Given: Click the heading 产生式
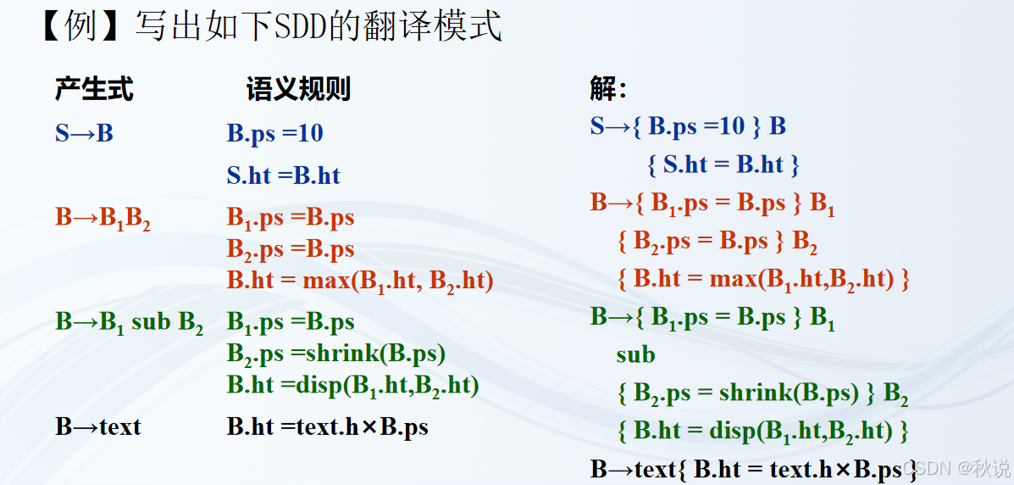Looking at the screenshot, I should tap(94, 88).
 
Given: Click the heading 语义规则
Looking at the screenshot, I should tap(298, 88).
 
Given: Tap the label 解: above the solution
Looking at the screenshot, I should tap(607, 88).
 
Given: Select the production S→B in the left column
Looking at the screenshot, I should tap(84, 133).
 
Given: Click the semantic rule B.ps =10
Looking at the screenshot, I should tap(274, 133).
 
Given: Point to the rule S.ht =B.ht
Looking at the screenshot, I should tap(283, 176).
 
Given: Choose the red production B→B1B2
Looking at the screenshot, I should tap(103, 219).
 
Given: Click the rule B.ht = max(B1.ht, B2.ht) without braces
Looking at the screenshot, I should tap(360, 281).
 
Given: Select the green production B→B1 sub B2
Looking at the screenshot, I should tap(129, 323).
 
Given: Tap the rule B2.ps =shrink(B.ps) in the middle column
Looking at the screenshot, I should tap(336, 354).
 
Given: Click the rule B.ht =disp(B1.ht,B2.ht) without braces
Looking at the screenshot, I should tap(353, 386).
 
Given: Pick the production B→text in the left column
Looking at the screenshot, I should tap(97, 426).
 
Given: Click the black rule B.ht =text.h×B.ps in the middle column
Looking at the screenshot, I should tap(327, 426).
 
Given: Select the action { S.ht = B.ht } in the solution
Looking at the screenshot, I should tap(723, 164).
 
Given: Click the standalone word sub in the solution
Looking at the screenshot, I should tap(635, 354).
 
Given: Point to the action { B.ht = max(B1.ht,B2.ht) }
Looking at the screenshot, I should tap(763, 279).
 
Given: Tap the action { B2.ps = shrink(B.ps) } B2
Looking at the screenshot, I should tap(762, 393).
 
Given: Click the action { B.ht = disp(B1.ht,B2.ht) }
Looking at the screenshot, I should tap(762, 431).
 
